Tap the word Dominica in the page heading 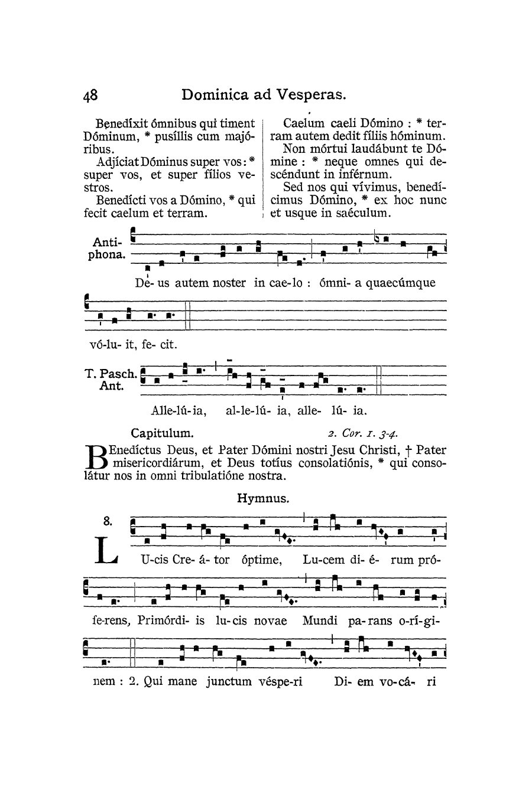[217, 95]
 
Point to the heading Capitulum [162, 432]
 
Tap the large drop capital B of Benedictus [97, 456]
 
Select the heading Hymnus [263, 498]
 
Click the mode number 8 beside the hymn [107, 521]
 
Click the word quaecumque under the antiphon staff [401, 283]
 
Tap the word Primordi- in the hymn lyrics [171, 620]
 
